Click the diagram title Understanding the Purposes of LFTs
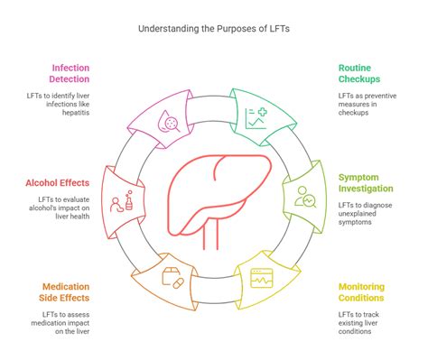coord(214,28)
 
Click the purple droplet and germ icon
coord(169,121)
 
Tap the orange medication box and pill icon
coord(172,278)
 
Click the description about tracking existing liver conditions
coord(362,324)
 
